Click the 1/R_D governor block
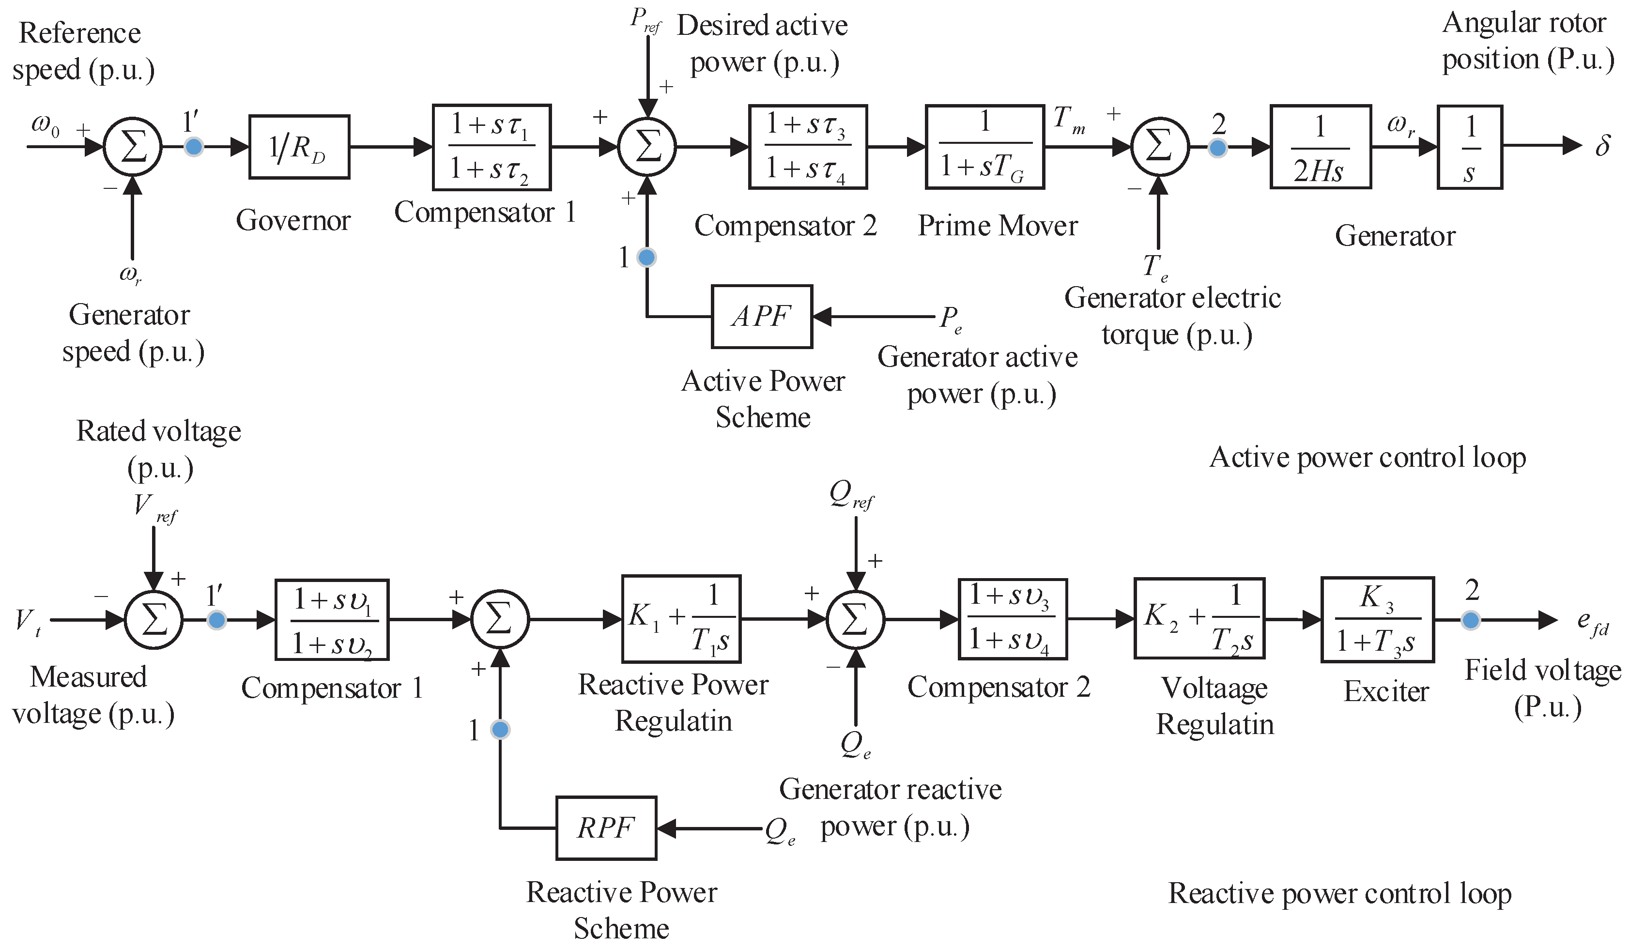point(299,147)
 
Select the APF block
point(762,317)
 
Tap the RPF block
point(606,828)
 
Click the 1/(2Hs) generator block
point(1320,147)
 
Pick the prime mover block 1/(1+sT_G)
point(984,147)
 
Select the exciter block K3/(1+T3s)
point(1377,620)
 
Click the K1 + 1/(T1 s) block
point(681,619)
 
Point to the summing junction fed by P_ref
point(647,147)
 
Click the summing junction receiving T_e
point(1160,147)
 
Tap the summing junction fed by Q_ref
point(855,620)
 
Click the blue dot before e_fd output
point(1471,621)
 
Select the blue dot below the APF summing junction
point(646,257)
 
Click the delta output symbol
point(1602,147)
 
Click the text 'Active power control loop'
point(1367,458)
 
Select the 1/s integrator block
point(1469,147)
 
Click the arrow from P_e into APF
point(873,317)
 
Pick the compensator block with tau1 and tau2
point(492,147)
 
